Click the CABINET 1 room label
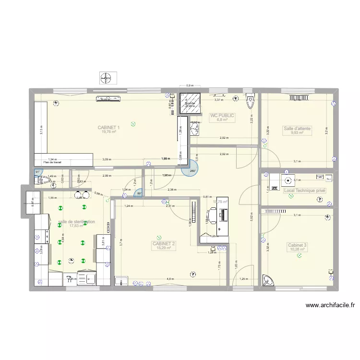click(108, 127)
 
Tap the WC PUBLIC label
click(222, 115)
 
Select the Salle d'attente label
click(297, 129)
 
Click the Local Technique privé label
click(304, 191)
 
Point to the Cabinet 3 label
click(297, 245)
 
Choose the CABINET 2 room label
click(164, 244)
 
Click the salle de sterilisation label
click(76, 222)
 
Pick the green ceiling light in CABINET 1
click(133, 124)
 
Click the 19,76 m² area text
click(108, 132)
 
